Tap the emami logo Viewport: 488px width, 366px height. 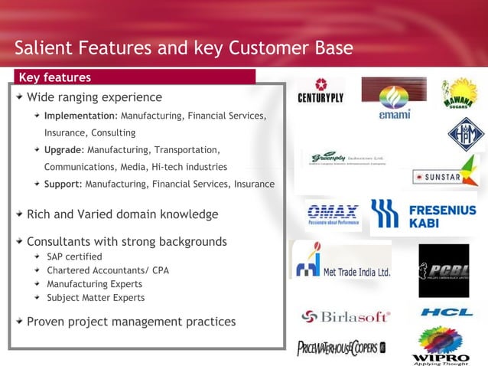point(394,100)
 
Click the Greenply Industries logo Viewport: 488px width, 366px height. point(343,159)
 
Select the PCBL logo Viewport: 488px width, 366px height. point(444,270)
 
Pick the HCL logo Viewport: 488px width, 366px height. point(446,312)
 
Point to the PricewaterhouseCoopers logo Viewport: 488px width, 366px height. point(341,348)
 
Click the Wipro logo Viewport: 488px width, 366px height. point(440,345)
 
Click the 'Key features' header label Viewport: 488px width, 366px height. point(54,77)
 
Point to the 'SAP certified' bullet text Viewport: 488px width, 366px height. point(74,257)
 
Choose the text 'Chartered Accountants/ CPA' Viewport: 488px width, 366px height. point(108,270)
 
